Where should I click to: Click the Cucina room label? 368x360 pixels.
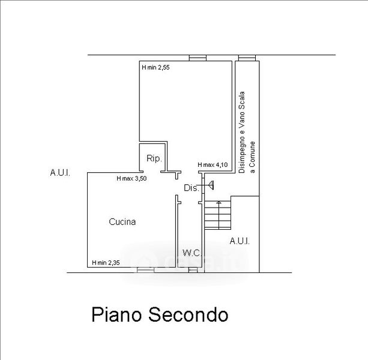[x=122, y=222]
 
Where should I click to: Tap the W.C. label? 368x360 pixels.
[x=192, y=253]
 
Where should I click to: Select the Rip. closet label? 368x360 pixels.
[x=154, y=158]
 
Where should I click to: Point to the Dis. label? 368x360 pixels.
[x=192, y=188]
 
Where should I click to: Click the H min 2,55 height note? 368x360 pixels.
[x=155, y=68]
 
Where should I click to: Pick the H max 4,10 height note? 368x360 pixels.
[x=213, y=165]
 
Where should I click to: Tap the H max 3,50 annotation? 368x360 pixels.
[x=131, y=178]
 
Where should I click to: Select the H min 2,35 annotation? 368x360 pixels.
[x=106, y=263]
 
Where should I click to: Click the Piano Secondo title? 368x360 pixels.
[x=160, y=314]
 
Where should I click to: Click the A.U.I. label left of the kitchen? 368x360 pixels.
[x=60, y=173]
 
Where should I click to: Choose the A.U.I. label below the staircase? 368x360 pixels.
[x=240, y=241]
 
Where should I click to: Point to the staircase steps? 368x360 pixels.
[x=218, y=215]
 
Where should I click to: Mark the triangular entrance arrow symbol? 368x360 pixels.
[x=211, y=185]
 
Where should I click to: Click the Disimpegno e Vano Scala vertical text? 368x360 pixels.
[x=242, y=132]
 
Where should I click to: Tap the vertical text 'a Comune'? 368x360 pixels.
[x=252, y=157]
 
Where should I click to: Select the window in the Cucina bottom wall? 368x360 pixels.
[x=145, y=270]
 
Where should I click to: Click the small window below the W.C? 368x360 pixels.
[x=193, y=270]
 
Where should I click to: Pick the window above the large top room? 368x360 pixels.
[x=198, y=58]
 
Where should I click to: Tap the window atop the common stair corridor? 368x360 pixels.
[x=247, y=58]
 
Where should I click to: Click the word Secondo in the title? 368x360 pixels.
[x=189, y=314]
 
